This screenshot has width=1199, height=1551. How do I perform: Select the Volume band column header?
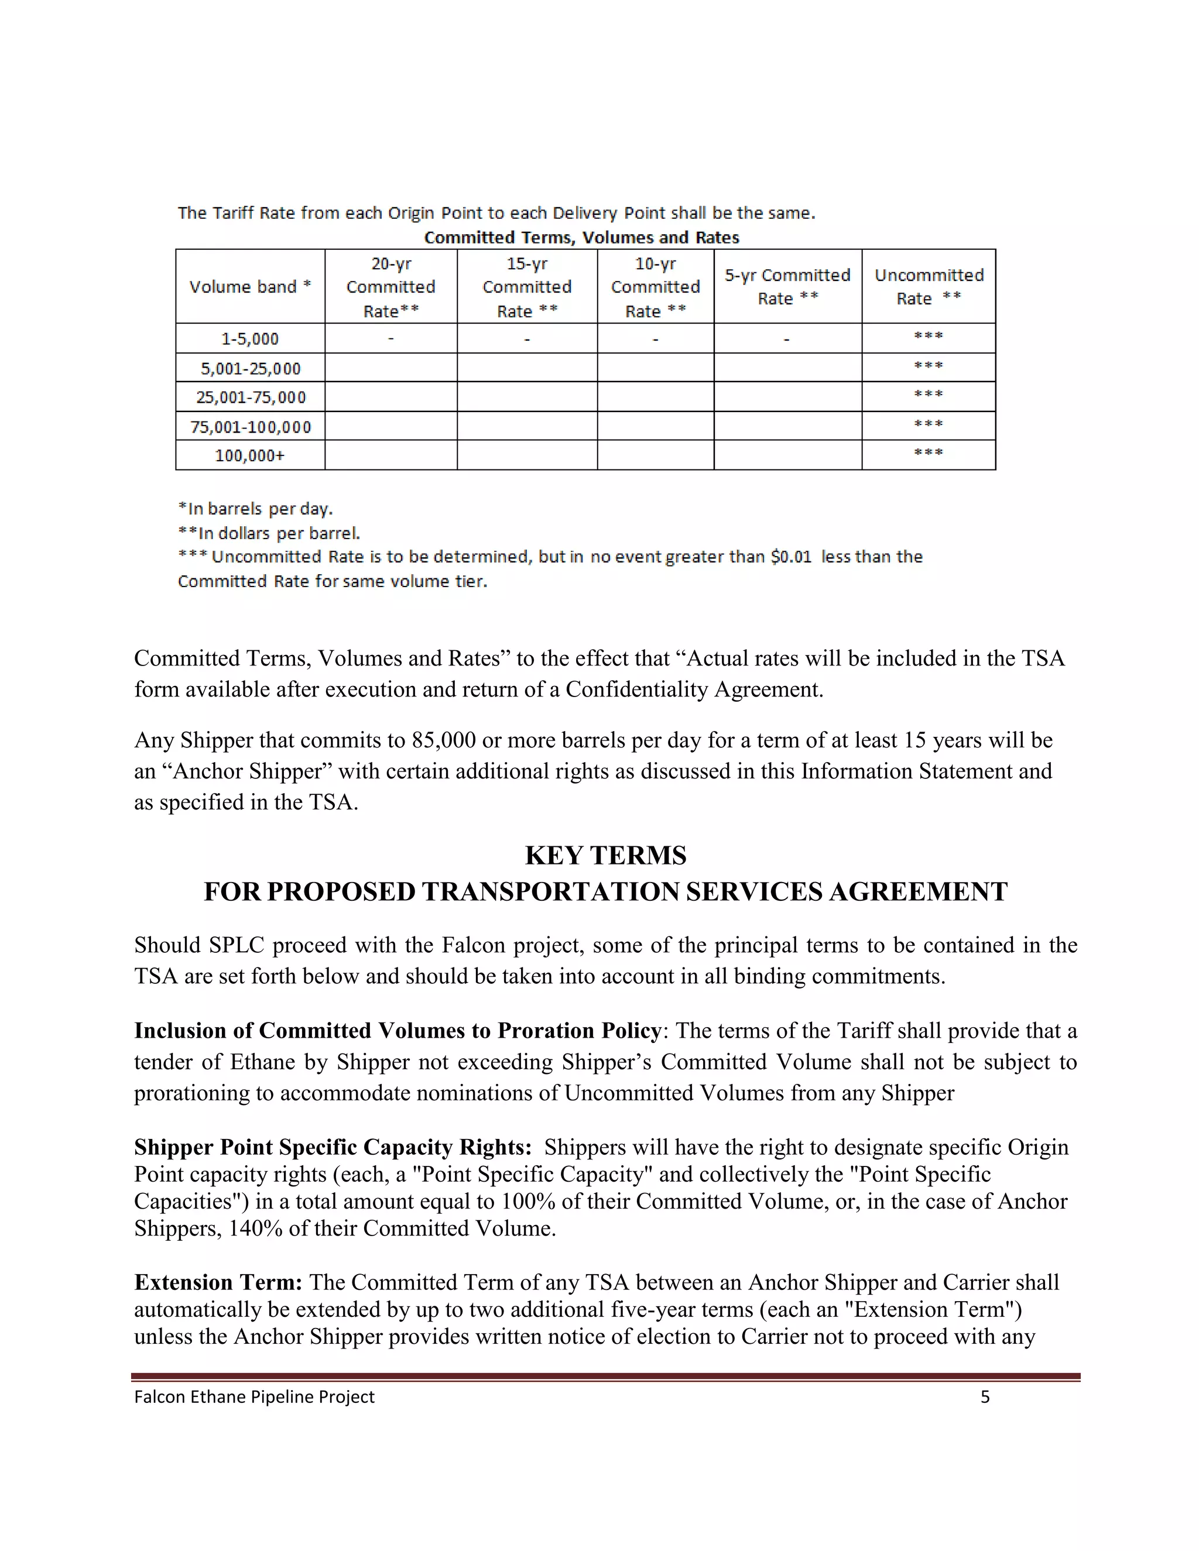pyautogui.click(x=250, y=287)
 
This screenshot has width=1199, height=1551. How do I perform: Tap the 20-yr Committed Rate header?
pyautogui.click(x=390, y=287)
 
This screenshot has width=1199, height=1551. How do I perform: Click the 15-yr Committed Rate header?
pyautogui.click(x=527, y=287)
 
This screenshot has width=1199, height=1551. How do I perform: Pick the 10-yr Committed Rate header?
pyautogui.click(x=655, y=287)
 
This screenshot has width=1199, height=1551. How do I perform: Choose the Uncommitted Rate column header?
pyautogui.click(x=929, y=287)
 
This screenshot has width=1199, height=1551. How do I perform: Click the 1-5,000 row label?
pyautogui.click(x=250, y=339)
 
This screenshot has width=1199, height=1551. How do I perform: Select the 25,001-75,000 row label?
pyautogui.click(x=250, y=397)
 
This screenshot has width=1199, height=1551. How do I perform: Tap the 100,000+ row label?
pyautogui.click(x=250, y=455)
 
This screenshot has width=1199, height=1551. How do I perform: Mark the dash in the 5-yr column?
pyautogui.click(x=787, y=339)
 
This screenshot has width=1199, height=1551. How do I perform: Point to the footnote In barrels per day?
pyautogui.click(x=256, y=509)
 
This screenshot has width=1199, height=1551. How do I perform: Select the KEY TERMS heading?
pyautogui.click(x=605, y=856)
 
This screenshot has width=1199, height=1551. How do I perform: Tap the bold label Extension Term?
pyautogui.click(x=218, y=1282)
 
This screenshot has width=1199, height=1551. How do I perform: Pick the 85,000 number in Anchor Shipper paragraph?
pyautogui.click(x=443, y=741)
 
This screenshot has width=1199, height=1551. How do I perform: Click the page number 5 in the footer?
pyautogui.click(x=985, y=1398)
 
